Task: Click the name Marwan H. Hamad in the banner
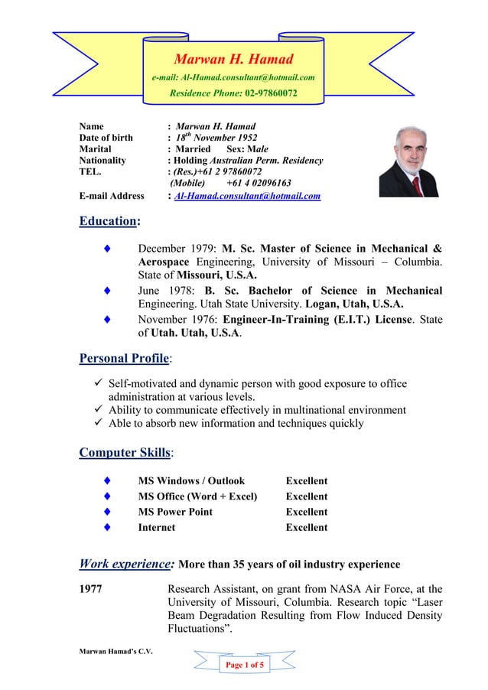[233, 59]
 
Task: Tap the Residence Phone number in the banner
[271, 94]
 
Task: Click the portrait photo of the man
[408, 161]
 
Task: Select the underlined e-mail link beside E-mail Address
[247, 197]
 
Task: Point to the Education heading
[109, 222]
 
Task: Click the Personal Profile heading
[125, 358]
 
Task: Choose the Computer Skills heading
[125, 453]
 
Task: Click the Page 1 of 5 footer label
[244, 666]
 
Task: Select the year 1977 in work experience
[93, 589]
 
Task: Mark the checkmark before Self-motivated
[96, 384]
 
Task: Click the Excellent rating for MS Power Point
[306, 512]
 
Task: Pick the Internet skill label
[156, 527]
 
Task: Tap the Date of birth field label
[106, 138]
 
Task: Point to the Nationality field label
[103, 161]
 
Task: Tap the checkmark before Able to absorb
[96, 424]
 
